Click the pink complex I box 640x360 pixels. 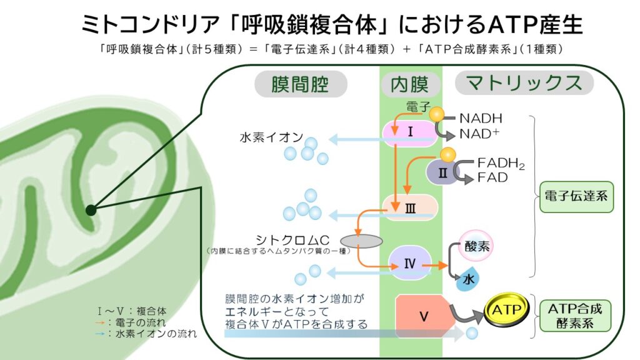(x=410, y=133)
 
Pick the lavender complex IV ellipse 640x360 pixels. (x=410, y=262)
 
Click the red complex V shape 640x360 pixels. (x=424, y=316)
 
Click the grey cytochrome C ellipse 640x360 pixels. (x=361, y=241)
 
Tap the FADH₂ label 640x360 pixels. (x=501, y=164)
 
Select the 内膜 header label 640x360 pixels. (x=410, y=85)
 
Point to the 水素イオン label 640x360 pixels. (x=271, y=137)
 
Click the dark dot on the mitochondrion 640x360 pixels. (x=91, y=210)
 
